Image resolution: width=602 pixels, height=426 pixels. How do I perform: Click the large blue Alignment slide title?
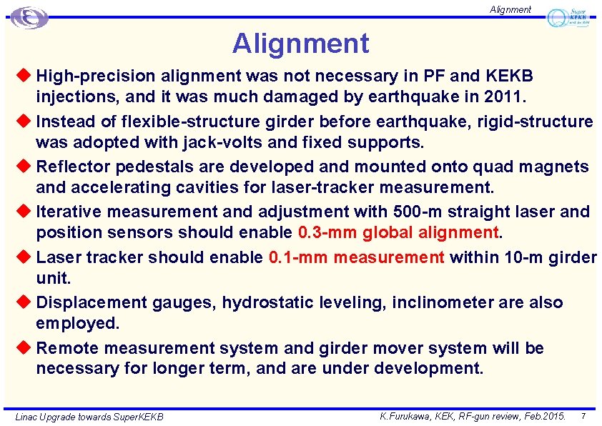(300, 44)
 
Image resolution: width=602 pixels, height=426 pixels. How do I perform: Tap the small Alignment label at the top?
(510, 9)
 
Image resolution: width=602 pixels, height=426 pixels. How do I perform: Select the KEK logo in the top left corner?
(29, 17)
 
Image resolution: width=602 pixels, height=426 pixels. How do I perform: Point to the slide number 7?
(583, 415)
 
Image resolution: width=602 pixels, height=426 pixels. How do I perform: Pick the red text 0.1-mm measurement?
(357, 257)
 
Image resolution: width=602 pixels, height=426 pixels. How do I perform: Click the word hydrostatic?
(272, 303)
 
